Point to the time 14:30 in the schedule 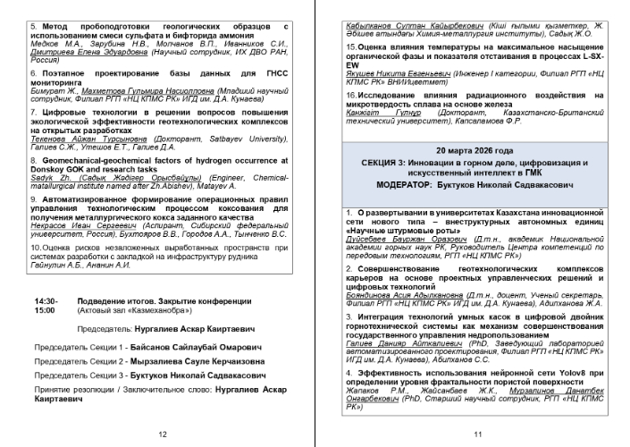pyautogui.click(x=44, y=301)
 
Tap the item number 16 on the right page pyautogui.click(x=350, y=92)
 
